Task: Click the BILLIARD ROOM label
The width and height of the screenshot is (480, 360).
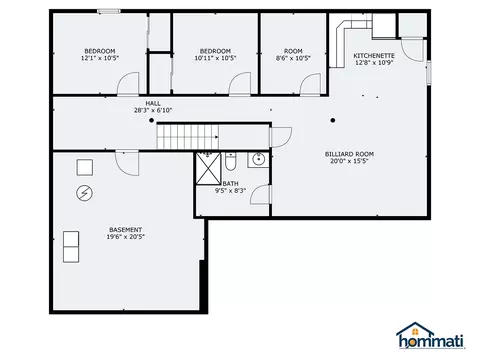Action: point(349,154)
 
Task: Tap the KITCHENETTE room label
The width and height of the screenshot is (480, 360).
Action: point(374,56)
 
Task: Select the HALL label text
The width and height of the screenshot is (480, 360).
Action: point(153,104)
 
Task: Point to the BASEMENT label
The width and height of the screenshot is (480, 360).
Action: point(126,230)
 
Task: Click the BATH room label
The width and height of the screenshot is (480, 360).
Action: point(230,184)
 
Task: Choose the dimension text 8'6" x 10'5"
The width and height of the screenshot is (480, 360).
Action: point(293,58)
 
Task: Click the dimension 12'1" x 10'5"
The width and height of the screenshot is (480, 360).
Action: point(100,58)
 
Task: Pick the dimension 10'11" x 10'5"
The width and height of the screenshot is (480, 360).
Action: point(215,58)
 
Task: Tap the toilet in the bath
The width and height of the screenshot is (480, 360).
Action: point(230,161)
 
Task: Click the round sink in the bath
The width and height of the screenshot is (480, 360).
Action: point(258,159)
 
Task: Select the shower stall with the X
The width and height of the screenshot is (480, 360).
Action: point(208,168)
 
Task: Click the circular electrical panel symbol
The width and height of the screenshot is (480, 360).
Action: point(85,193)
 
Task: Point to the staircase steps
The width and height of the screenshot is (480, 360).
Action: point(188,137)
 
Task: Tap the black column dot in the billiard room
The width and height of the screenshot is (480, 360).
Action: point(333,120)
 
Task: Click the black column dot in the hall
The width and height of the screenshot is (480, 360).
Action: point(151,120)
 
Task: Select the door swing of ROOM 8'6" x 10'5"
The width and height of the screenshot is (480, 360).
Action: point(310,85)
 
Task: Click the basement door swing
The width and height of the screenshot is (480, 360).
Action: point(127,163)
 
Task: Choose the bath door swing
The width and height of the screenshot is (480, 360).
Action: point(261,194)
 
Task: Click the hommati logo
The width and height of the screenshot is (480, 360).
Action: point(430,335)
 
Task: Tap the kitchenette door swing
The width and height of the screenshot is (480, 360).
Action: point(412,50)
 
